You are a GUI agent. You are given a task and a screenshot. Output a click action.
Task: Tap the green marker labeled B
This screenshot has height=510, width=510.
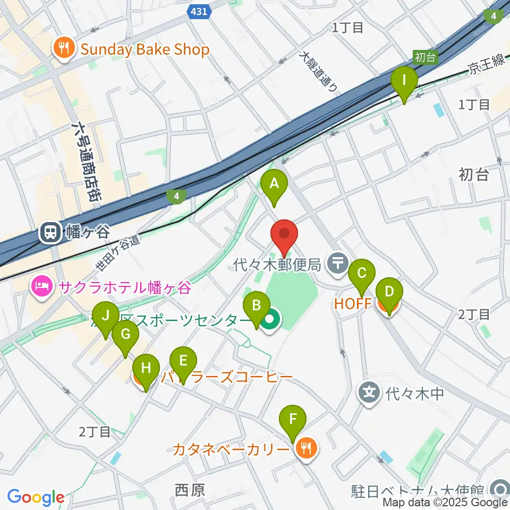point(256,306)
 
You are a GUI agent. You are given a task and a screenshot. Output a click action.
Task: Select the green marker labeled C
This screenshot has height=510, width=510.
point(362,274)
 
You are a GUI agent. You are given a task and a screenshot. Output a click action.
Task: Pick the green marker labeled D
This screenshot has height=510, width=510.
point(389,292)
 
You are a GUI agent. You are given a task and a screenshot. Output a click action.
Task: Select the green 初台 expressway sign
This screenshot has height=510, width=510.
point(424,56)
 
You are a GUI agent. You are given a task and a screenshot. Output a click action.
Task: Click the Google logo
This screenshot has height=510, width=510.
point(36,497)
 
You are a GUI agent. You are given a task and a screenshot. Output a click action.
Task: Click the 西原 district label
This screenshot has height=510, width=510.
point(190,489)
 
